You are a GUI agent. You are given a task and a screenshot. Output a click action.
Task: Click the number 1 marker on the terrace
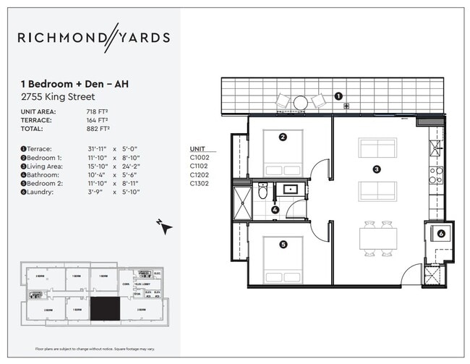338,96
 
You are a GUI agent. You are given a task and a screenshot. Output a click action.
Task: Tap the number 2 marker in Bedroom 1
283,136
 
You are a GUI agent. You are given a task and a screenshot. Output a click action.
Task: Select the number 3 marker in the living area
377,170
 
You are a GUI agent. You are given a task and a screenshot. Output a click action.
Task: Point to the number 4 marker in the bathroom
275,211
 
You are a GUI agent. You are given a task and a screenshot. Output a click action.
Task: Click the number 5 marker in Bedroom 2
283,245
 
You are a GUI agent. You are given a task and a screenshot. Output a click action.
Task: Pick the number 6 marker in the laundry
441,233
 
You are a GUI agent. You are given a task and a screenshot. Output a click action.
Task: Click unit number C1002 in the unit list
200,156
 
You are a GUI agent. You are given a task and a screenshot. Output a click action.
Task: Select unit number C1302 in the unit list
200,183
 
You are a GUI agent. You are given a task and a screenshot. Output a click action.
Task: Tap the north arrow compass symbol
166,227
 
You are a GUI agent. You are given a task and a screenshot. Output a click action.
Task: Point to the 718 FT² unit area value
97,111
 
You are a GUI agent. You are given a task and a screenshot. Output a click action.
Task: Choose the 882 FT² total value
97,128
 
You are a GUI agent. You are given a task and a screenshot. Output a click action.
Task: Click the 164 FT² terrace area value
97,120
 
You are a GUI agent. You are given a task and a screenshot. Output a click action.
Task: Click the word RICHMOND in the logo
62,38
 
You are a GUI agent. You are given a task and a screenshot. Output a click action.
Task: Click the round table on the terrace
301,103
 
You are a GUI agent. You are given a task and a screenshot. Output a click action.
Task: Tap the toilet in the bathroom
262,192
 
